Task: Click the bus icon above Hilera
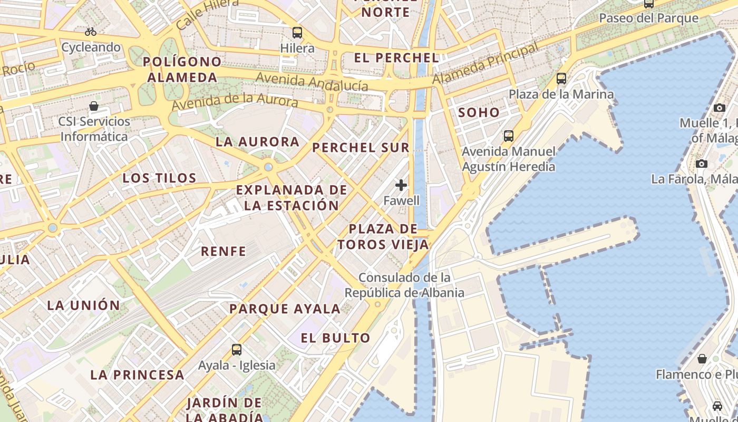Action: coord(297,33)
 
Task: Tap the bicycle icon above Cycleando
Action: coord(91,32)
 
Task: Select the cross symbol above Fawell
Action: coord(401,185)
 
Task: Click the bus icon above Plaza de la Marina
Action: coord(561,79)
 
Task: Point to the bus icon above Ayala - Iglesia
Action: coord(237,349)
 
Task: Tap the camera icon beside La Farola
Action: coord(701,164)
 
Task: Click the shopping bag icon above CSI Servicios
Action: coord(94,106)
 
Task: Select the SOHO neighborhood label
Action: coord(479,112)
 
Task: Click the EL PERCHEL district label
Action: coord(396,58)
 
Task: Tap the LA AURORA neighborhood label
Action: coord(257,142)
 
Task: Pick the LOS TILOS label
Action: coord(159,178)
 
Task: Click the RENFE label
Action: coord(224,252)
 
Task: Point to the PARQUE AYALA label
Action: coord(285,309)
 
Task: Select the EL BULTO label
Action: coord(336,338)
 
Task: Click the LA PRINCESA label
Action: coord(137,375)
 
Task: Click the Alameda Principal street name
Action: coord(485,63)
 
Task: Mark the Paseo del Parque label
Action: coord(648,18)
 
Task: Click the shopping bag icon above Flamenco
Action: coord(702,359)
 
